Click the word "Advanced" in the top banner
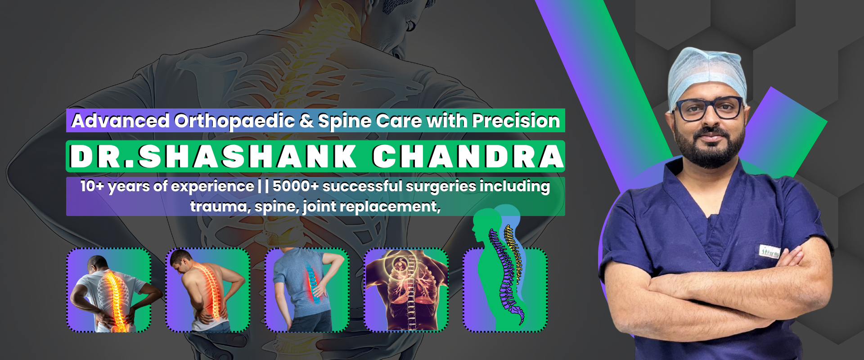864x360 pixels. [120, 121]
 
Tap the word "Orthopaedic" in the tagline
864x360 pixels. [234, 121]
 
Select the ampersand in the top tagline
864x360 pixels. [306, 121]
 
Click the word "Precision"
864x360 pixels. [516, 121]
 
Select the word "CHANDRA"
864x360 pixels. [468, 157]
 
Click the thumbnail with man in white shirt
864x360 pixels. [108, 290]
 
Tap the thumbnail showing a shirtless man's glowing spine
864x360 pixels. [208, 290]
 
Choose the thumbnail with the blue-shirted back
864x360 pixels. [307, 290]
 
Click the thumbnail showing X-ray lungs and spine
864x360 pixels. [406, 290]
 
